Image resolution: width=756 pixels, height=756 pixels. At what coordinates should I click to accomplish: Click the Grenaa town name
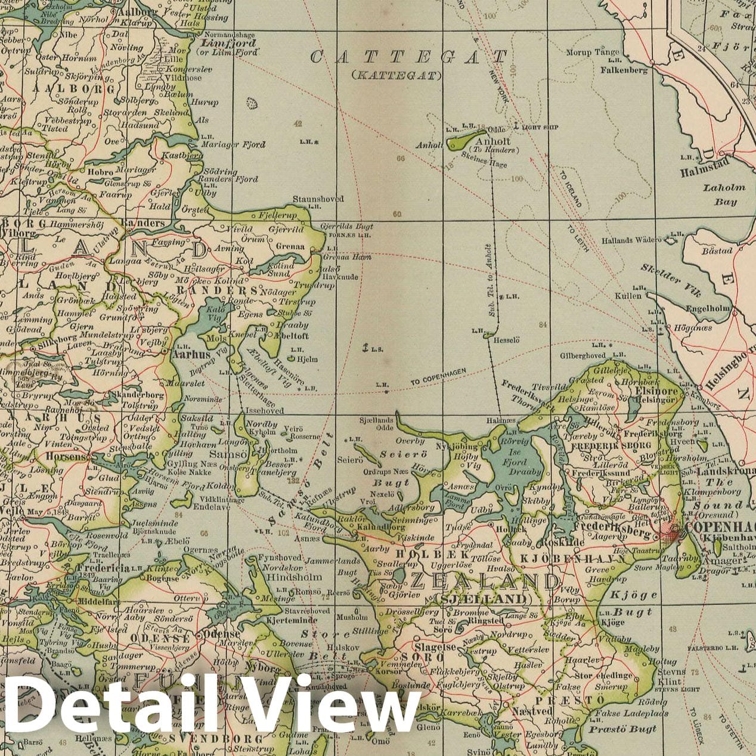pos(291,245)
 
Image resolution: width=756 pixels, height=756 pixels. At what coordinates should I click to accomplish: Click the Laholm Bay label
pos(724,194)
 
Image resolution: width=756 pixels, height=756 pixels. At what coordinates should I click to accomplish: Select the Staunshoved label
pos(318,199)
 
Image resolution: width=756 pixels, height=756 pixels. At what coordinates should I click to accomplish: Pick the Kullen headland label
pos(630,295)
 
